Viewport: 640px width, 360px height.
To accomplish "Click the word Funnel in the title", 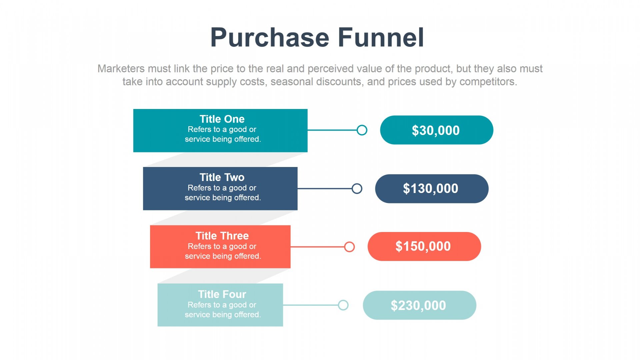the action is pyautogui.click(x=381, y=37).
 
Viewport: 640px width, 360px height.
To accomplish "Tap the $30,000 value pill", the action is pyautogui.click(x=437, y=130).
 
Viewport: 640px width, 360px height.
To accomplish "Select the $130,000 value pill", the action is pyautogui.click(x=432, y=189).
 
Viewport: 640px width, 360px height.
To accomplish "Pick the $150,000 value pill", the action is pyautogui.click(x=424, y=246).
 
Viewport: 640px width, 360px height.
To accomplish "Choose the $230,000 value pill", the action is pyautogui.click(x=419, y=305).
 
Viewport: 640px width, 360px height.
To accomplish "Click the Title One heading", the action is pyautogui.click(x=222, y=119).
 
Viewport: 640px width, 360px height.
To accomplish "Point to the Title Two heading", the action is pyautogui.click(x=222, y=177).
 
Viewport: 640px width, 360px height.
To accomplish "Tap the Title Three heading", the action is pyautogui.click(x=222, y=236).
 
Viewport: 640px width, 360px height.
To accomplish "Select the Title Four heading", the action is pyautogui.click(x=222, y=294).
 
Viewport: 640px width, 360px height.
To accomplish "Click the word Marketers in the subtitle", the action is pyautogui.click(x=121, y=69).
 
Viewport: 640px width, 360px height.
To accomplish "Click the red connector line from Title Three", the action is pyautogui.click(x=317, y=247).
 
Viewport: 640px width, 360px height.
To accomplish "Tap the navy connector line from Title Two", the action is pyautogui.click(x=325, y=189).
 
